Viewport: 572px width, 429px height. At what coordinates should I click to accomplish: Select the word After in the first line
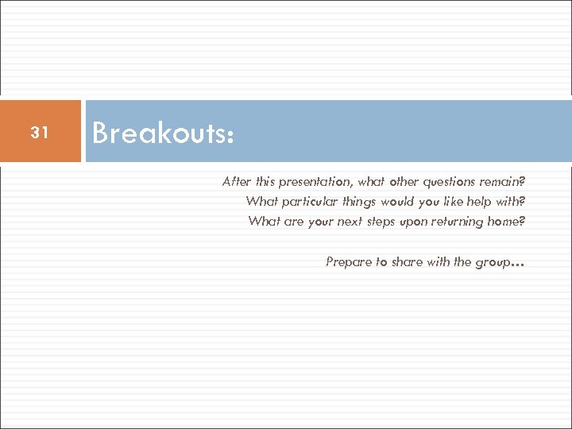[236, 182]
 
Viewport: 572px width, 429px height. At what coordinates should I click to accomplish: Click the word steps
[385, 222]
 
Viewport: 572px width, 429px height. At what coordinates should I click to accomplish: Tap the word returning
[459, 222]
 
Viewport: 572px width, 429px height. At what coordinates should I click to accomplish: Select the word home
[504, 222]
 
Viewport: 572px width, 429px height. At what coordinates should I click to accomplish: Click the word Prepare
[349, 261]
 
